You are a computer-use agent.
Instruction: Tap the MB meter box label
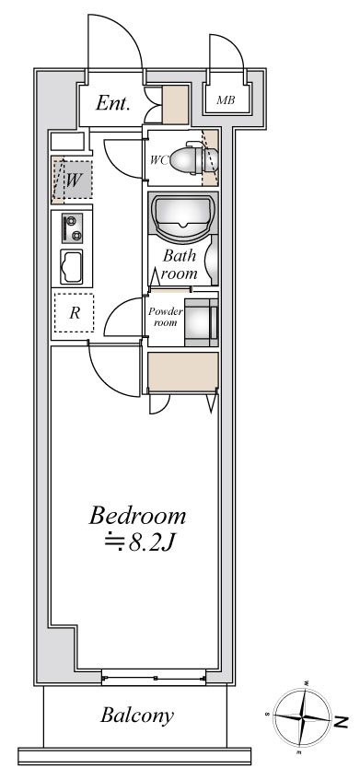[226, 99]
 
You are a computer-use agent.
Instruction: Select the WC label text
[159, 158]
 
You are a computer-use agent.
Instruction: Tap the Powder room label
[165, 318]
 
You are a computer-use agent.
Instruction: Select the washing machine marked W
[72, 178]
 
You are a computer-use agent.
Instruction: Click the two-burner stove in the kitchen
[71, 227]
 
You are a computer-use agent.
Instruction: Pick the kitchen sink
[72, 268]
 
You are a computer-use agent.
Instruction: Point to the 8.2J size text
[142, 544]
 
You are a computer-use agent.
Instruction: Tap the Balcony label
[138, 715]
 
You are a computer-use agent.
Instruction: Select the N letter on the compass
[341, 720]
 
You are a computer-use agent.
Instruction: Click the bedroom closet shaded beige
[182, 373]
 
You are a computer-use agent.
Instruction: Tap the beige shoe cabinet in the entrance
[175, 106]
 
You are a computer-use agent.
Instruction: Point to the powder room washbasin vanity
[201, 321]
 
